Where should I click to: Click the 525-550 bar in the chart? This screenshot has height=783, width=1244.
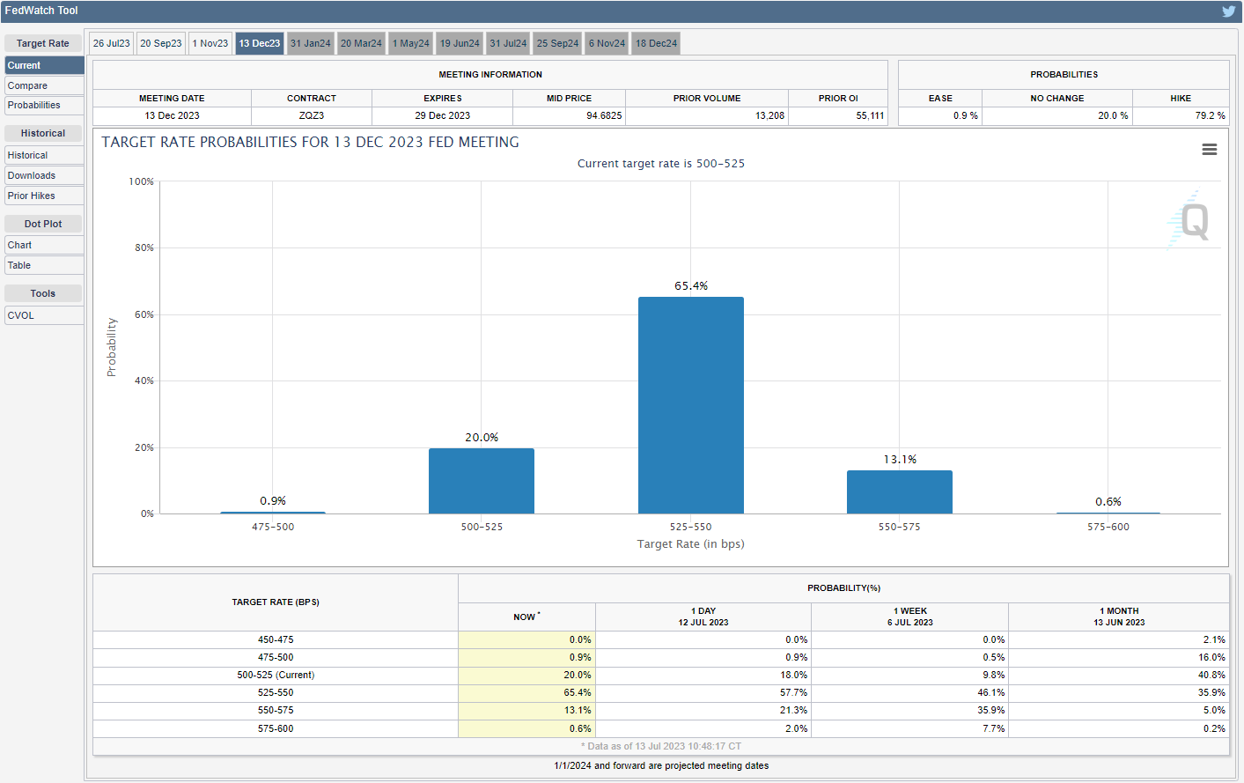690,405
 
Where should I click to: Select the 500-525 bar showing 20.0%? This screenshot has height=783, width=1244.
482,481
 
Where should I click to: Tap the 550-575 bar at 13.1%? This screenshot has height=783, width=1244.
899,491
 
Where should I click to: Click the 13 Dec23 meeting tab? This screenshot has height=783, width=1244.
260,43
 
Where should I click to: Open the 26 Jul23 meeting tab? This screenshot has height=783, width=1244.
112,43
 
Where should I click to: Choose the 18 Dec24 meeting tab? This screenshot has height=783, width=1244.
657,43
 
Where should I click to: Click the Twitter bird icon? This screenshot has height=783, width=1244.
1228,11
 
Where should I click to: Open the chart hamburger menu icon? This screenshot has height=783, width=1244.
1210,150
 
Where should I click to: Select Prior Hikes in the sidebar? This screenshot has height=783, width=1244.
32,196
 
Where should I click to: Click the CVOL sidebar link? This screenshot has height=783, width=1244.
21,315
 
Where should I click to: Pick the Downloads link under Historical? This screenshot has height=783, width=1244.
32,175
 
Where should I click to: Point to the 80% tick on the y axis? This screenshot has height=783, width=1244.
144,248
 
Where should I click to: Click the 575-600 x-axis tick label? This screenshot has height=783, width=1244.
1108,527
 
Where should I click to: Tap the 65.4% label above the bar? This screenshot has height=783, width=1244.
691,286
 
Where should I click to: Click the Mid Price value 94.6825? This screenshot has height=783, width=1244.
604,115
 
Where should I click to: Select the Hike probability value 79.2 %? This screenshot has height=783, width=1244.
1210,115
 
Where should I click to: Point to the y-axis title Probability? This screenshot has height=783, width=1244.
112,347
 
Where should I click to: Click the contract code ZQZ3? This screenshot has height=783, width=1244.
312,115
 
